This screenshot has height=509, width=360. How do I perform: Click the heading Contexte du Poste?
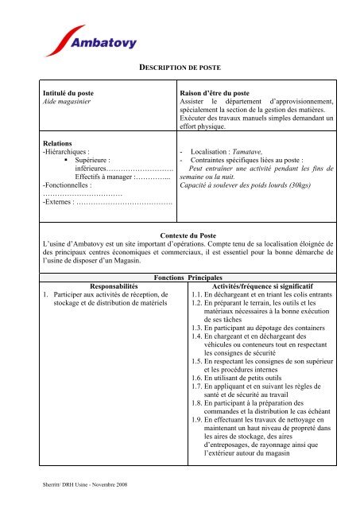pyautogui.click(x=180, y=236)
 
